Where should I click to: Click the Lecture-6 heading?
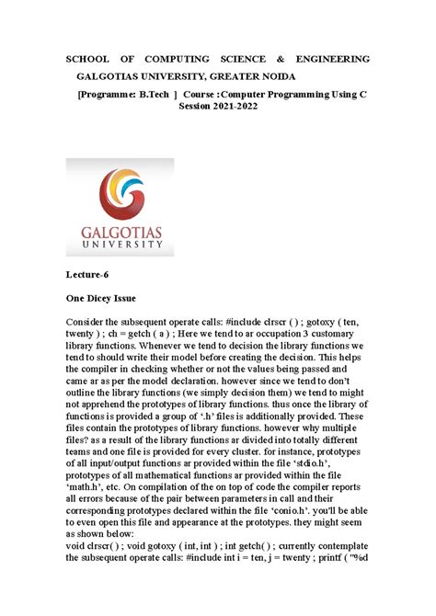coord(89,274)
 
